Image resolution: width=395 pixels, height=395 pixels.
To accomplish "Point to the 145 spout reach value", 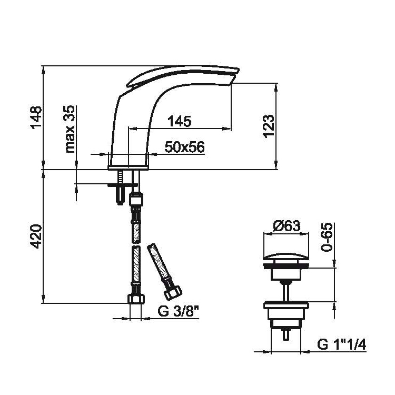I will pyautogui.click(x=180, y=121).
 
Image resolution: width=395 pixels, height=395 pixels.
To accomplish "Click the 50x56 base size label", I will pyautogui.click(x=184, y=148).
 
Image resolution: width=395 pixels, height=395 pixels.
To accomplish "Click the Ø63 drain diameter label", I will pyautogui.click(x=287, y=226).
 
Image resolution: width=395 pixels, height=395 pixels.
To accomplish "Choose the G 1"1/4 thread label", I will pyautogui.click(x=342, y=345).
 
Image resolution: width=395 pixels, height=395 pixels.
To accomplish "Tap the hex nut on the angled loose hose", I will pyautogui.click(x=173, y=291).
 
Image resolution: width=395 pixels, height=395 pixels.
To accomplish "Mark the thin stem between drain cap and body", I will pyautogui.click(x=287, y=289).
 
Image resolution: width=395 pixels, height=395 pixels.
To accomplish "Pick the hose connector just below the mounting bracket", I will pyautogui.click(x=135, y=200).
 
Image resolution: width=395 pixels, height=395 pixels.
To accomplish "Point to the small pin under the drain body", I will pyautogui.click(x=287, y=333).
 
